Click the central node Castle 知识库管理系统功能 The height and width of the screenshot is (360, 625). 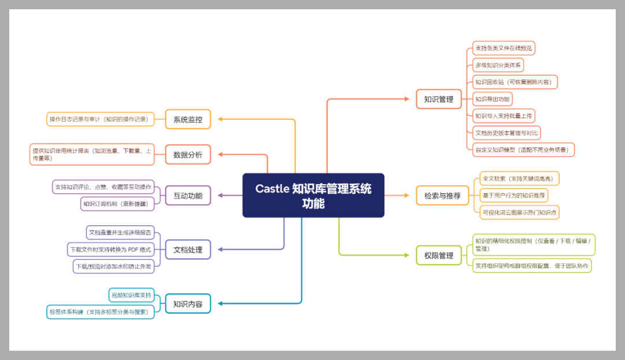click(313, 196)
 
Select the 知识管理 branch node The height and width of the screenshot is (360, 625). click(438, 99)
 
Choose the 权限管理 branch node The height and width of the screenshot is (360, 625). click(438, 255)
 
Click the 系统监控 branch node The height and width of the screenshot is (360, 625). click(188, 120)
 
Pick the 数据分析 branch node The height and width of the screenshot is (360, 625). click(188, 155)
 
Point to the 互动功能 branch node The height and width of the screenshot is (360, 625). click(188, 196)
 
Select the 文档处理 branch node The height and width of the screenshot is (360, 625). click(188, 249)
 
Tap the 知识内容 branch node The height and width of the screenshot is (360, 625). click(188, 303)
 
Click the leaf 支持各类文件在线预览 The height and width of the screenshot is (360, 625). click(503, 48)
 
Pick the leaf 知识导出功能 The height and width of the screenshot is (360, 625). click(492, 99)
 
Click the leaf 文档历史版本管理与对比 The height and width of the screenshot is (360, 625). click(506, 133)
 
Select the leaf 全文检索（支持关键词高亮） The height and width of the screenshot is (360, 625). click(520, 178)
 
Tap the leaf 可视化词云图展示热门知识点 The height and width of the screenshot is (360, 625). click(520, 212)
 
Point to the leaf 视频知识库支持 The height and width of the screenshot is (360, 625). click(131, 295)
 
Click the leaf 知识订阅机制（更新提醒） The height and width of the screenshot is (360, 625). click(117, 204)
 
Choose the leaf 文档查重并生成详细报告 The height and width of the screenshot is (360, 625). click(120, 233)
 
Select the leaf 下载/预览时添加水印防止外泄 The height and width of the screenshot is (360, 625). click(114, 266)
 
